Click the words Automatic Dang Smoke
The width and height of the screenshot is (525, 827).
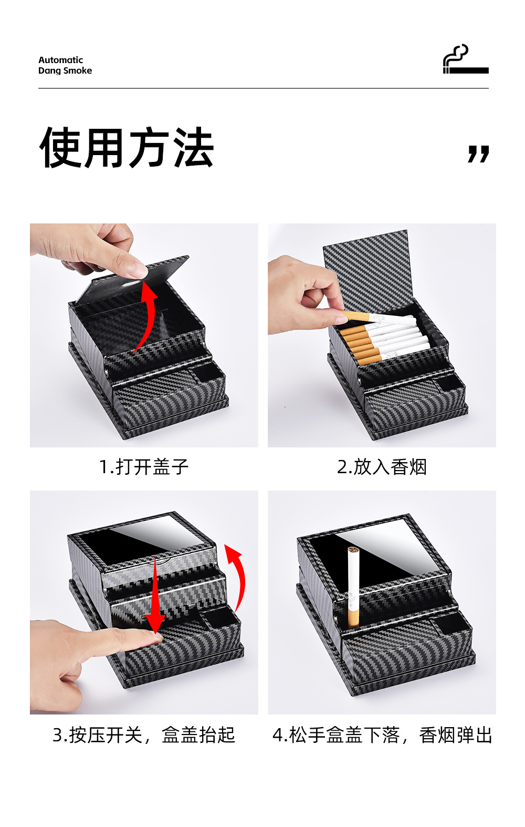65,65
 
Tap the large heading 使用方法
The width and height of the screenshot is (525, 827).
127,147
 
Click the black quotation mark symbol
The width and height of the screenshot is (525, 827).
478,154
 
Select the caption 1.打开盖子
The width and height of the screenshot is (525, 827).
144,467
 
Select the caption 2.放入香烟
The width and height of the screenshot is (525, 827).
382,467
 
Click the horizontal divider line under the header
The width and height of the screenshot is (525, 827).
264,88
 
